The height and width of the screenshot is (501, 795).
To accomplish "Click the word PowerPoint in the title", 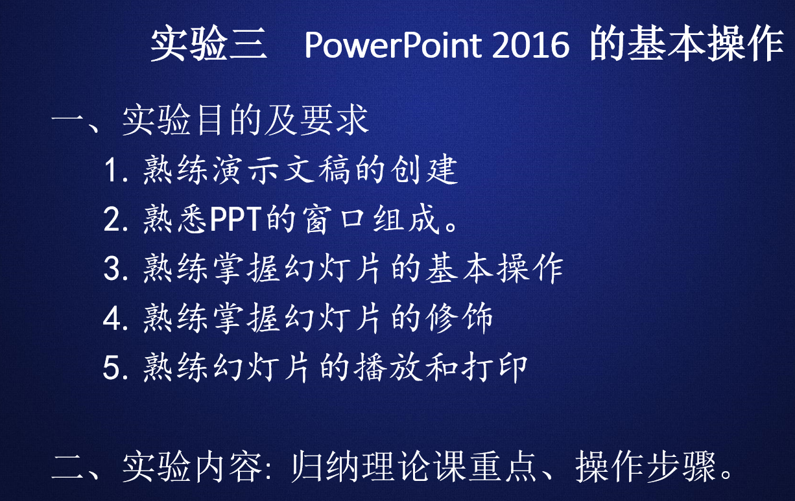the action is (393, 45).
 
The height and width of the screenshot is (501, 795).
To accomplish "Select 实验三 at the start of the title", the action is (209, 44).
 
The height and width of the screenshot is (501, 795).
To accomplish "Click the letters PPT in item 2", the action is (236, 219).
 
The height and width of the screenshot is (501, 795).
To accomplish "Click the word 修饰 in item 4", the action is (460, 318).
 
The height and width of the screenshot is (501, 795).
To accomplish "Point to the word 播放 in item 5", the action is (388, 367).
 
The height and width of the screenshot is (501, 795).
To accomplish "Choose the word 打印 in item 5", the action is (495, 367).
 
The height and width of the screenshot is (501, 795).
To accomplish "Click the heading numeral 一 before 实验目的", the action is (67, 119).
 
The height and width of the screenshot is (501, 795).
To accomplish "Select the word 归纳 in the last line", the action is (325, 466).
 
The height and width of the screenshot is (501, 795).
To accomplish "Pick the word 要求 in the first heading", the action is (335, 120).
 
